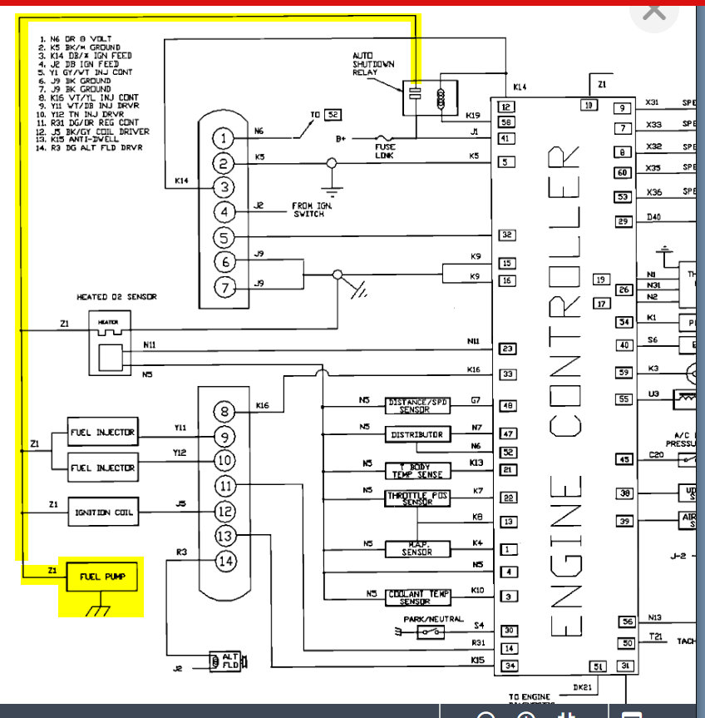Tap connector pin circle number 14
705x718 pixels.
225,562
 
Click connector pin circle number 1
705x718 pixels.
223,138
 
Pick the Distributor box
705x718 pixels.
417,435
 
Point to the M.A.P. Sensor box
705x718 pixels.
417,549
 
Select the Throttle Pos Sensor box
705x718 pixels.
417,499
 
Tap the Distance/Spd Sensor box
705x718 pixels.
417,406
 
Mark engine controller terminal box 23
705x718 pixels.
508,349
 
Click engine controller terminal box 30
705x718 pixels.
508,631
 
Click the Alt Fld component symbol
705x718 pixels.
226,661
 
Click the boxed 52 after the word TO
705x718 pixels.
333,115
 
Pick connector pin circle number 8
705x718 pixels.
224,411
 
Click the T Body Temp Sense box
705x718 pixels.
417,471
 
